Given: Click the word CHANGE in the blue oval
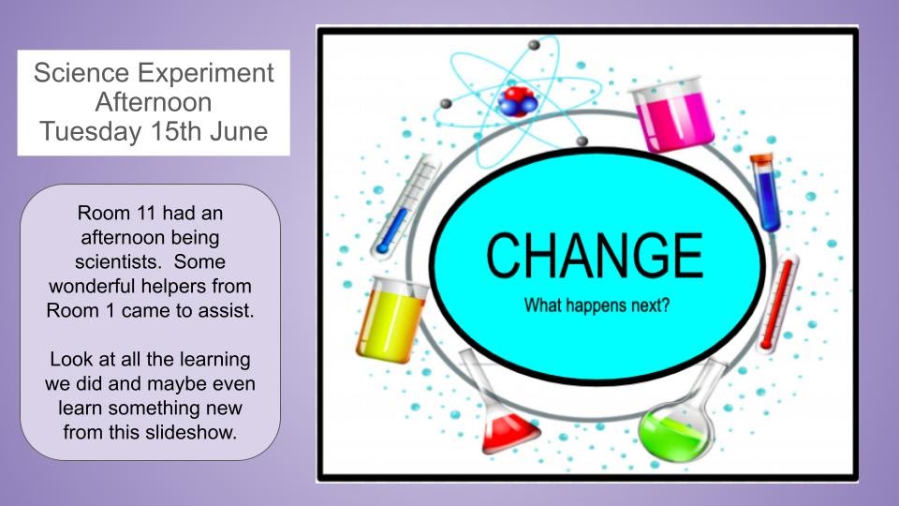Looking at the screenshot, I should click(595, 253).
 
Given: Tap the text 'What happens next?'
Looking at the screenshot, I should click(597, 305).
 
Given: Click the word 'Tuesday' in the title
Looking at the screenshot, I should click(87, 132).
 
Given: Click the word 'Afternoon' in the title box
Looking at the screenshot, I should click(154, 102).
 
